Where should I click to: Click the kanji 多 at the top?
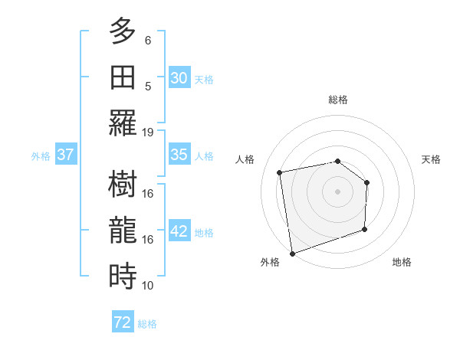click(123, 32)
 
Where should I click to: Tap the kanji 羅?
click(123, 122)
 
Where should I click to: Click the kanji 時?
click(123, 275)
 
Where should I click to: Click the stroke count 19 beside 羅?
click(148, 132)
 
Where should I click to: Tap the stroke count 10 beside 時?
click(148, 286)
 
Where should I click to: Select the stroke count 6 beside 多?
click(148, 40)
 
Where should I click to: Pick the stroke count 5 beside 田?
click(148, 86)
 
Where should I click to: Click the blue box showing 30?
click(179, 77)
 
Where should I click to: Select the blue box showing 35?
click(179, 155)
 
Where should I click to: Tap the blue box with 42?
click(179, 231)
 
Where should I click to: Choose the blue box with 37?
click(65, 155)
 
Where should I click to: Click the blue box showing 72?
click(123, 322)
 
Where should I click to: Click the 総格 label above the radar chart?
click(337, 100)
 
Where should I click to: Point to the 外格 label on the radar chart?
click(270, 262)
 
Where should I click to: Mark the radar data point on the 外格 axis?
click(292, 253)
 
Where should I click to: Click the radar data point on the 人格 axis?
click(280, 172)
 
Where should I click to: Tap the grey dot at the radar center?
click(337, 191)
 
